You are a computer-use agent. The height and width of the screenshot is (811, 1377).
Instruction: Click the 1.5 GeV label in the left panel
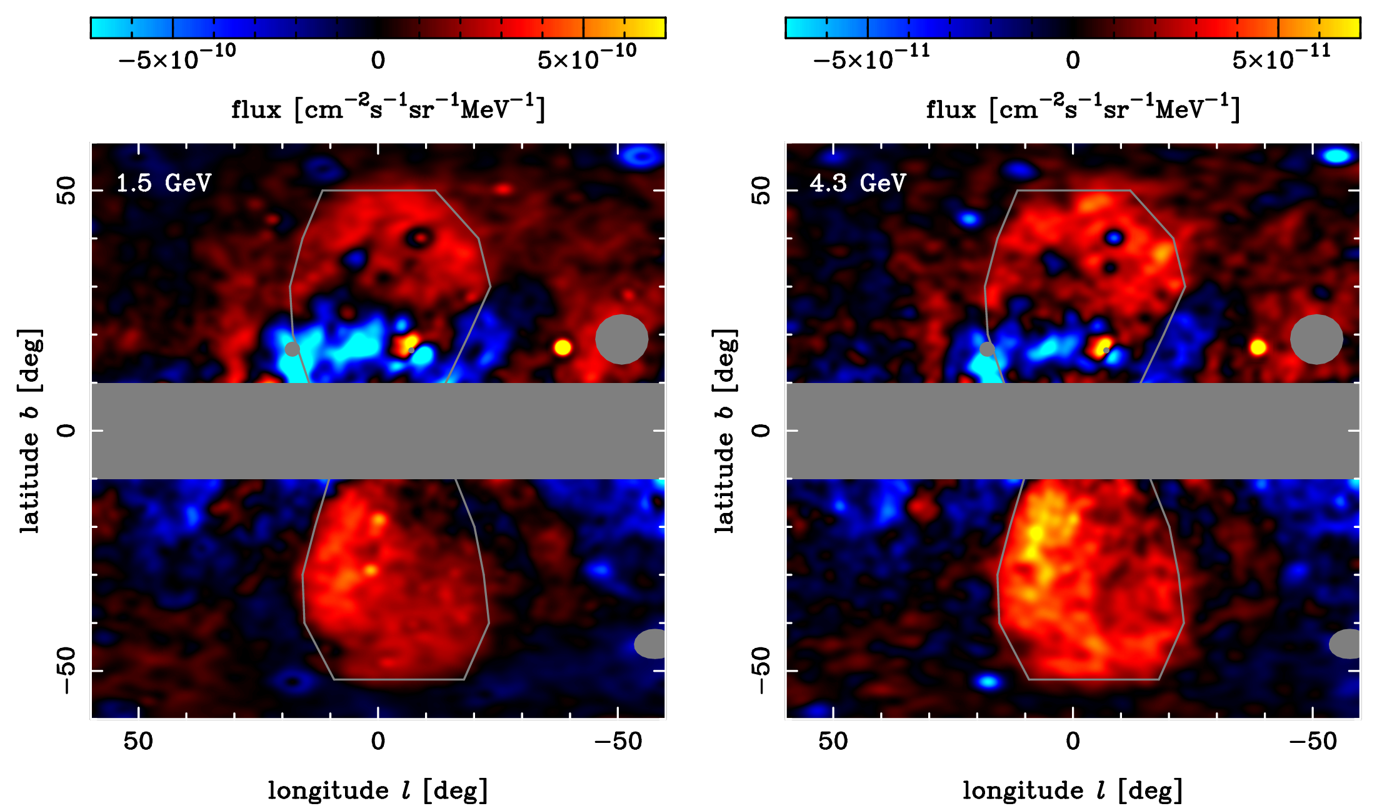164,183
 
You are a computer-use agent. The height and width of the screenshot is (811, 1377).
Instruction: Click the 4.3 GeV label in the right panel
858,183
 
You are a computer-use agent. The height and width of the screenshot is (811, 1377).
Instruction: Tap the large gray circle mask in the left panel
621,339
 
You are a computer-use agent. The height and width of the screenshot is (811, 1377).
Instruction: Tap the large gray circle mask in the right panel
1316,339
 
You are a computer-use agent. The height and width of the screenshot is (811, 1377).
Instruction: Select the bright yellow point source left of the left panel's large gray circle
563,347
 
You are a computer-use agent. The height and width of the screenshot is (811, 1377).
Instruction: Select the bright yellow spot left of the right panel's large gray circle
1258,347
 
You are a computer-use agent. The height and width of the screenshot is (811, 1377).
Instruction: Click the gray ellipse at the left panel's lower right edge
651,644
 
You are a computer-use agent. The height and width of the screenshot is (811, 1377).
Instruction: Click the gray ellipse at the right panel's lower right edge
1346,644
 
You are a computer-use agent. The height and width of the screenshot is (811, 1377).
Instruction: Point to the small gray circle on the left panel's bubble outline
292,349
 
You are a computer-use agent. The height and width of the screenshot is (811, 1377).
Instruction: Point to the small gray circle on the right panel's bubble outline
987,349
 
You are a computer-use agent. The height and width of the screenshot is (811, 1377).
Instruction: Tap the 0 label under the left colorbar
378,61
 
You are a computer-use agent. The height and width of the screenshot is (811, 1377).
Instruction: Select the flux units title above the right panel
1083,109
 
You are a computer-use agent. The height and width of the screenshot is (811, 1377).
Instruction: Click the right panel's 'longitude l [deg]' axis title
1073,790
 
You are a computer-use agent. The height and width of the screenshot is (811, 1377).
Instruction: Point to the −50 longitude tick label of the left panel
618,742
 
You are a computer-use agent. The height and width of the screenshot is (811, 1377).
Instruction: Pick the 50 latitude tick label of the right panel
761,190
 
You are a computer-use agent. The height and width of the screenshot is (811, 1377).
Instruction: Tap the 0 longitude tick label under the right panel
1073,742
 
